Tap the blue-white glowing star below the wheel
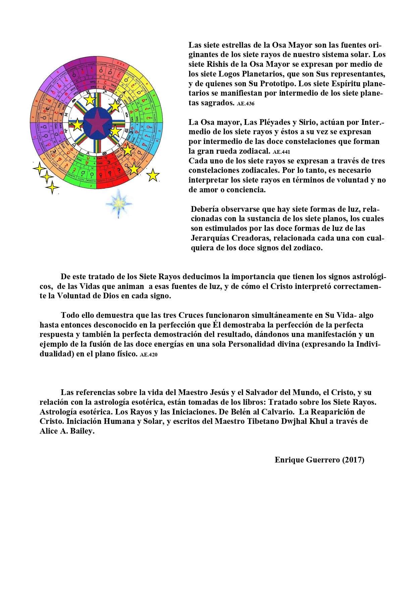point(118,203)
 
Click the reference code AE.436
point(246,104)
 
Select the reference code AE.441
point(281,152)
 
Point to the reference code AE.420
point(149,354)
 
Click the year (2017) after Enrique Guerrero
point(353,459)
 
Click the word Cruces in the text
point(191,315)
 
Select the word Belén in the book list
point(241,411)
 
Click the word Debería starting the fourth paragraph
point(204,209)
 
